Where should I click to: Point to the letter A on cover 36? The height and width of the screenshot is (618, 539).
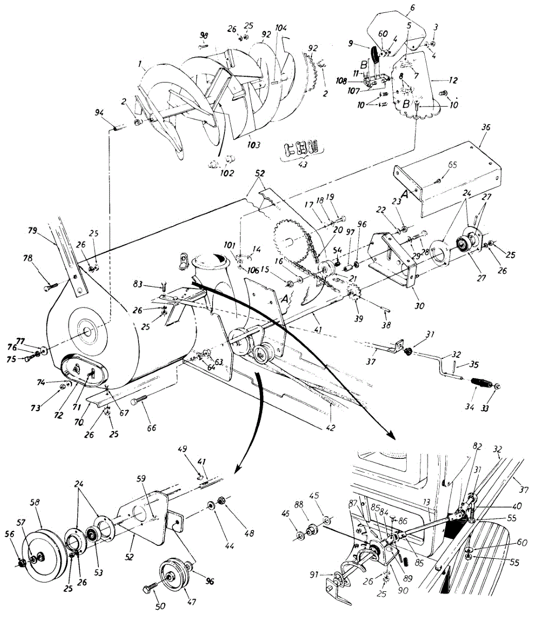tap(405, 195)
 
